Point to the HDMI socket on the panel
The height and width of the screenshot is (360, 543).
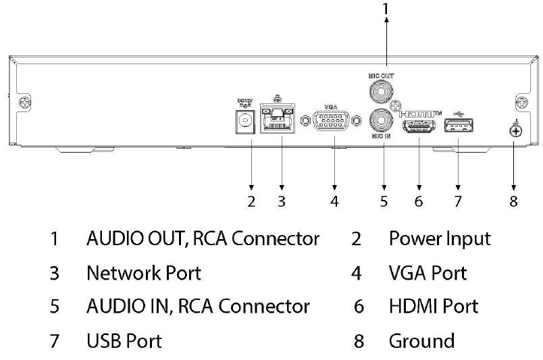coord(419,126)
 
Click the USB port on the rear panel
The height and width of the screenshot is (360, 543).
coord(458,126)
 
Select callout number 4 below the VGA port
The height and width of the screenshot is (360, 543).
coord(334,201)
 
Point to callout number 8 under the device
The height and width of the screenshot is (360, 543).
coord(514,201)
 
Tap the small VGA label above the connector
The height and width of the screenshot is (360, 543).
coord(331,107)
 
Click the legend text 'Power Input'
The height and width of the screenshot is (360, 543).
coord(440,238)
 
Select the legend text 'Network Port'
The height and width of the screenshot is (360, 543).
coord(144,273)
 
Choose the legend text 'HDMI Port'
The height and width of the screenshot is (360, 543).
coord(434,306)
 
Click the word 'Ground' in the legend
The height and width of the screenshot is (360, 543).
coord(421,340)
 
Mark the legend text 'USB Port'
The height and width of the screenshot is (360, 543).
coord(124,340)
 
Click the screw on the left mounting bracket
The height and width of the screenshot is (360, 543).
coord(25,103)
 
